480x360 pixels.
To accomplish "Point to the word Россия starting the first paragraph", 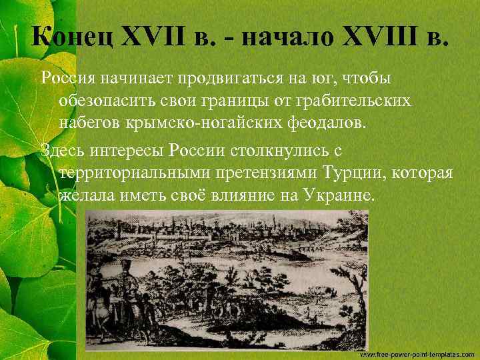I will [x=69, y=79].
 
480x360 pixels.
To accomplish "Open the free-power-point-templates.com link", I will [x=416, y=353].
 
